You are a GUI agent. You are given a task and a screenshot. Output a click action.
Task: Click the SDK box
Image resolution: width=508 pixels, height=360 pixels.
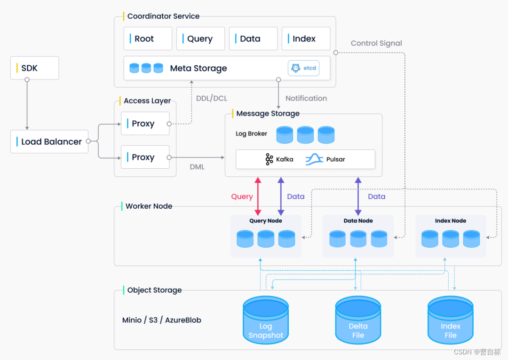point(34,68)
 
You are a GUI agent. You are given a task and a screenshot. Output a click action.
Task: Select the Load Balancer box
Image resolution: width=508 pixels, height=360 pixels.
point(49,141)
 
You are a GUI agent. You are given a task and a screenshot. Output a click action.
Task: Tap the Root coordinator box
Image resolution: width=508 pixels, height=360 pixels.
point(148,39)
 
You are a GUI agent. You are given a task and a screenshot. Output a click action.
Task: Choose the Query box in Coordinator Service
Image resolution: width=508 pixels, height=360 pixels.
point(200,39)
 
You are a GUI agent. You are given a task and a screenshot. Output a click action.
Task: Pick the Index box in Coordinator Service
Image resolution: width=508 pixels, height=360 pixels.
point(306,39)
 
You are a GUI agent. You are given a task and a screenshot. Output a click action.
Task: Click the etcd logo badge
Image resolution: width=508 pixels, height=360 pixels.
point(304,68)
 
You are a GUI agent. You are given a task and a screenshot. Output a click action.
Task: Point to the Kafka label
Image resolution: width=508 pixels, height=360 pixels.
point(279,159)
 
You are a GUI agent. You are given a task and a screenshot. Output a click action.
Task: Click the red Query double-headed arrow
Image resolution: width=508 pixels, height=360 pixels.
point(258,196)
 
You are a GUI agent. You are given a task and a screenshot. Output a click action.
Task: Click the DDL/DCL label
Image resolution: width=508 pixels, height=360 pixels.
point(212,98)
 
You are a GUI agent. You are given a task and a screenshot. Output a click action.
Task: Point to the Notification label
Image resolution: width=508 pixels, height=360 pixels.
point(306,98)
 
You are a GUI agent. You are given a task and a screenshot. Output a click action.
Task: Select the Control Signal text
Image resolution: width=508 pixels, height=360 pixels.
point(376,43)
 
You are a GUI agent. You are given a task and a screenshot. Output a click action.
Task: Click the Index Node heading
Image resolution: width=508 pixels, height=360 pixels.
point(450,220)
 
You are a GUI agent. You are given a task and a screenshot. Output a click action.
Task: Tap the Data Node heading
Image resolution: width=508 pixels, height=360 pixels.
point(358,220)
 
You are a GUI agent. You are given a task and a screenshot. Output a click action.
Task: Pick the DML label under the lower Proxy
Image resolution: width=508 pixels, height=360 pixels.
point(197,167)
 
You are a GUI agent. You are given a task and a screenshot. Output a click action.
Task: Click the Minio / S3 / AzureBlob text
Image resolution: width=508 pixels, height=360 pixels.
point(162,320)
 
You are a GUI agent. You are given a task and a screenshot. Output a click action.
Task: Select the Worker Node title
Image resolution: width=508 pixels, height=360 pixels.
point(149,206)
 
